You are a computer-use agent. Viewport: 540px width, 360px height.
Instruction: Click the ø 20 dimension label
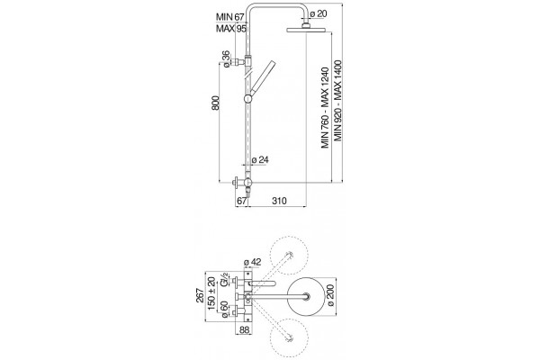coord(319,14)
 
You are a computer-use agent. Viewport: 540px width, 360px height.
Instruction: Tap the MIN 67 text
coord(230,17)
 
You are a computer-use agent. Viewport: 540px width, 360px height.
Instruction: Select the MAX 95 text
coord(231,29)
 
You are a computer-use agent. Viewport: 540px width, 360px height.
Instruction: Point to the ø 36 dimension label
coord(226,58)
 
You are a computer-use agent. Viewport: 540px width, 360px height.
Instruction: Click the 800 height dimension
coord(215,103)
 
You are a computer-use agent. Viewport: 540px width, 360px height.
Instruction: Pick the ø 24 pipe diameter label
coord(260,160)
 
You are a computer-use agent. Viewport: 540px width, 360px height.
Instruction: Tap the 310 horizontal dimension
coord(279,201)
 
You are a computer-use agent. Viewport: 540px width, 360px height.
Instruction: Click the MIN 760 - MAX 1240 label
coord(326,108)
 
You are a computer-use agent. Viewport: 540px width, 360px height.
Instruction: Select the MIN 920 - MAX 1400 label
coord(338,101)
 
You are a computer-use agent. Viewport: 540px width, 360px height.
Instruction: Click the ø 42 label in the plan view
coord(252,263)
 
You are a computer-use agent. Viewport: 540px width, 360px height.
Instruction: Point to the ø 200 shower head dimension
coord(330,295)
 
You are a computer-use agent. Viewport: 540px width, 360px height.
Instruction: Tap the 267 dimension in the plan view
coord(200,295)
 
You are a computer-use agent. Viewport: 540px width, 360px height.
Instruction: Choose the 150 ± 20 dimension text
coord(211,293)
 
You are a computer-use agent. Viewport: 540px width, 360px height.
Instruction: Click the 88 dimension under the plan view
coord(244,330)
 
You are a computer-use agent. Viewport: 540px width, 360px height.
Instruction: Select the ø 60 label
coord(224,309)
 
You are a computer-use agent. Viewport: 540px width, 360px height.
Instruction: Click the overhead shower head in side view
coord(304,30)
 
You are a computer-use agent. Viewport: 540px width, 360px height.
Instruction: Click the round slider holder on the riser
coord(248,99)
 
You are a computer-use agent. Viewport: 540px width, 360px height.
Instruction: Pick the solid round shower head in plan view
coord(306,295)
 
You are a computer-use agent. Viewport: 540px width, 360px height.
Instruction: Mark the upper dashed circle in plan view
coord(289,256)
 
